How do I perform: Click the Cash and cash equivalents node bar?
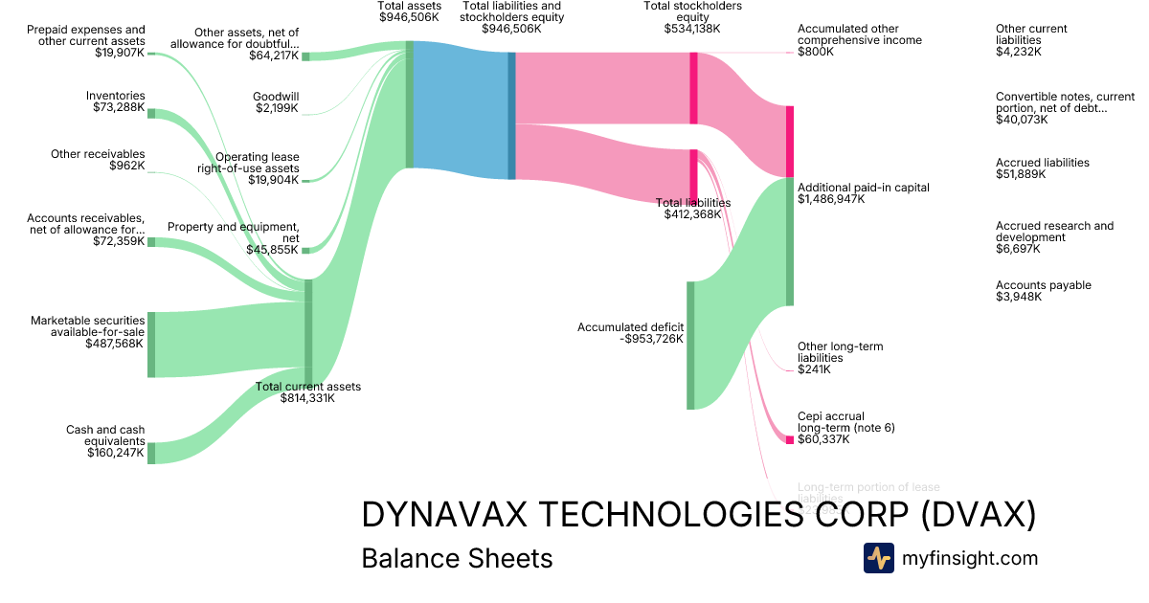coord(151,453)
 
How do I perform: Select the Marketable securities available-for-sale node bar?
coord(151,345)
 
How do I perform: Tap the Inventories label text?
coord(115,96)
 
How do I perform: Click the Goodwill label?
coord(276,97)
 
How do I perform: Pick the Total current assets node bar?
coord(308,330)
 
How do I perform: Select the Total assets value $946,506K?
coord(409,17)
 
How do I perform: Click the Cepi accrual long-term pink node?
coord(790,439)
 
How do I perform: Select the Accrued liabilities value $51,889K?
coord(1021,174)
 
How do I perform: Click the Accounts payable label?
coord(1043,285)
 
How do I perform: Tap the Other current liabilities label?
coord(1031,34)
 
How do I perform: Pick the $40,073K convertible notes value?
coord(1021,120)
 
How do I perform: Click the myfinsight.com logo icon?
coord(878,558)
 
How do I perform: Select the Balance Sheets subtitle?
coord(457,558)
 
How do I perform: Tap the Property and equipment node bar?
coord(306,250)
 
